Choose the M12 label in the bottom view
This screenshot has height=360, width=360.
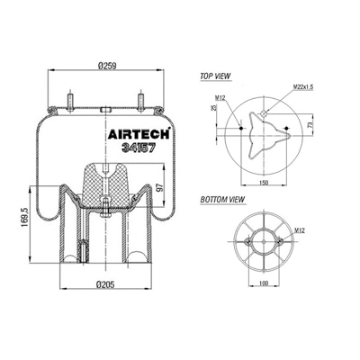point(299,232)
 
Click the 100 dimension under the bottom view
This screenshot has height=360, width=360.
point(261,286)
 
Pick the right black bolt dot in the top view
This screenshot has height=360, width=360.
point(286,129)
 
